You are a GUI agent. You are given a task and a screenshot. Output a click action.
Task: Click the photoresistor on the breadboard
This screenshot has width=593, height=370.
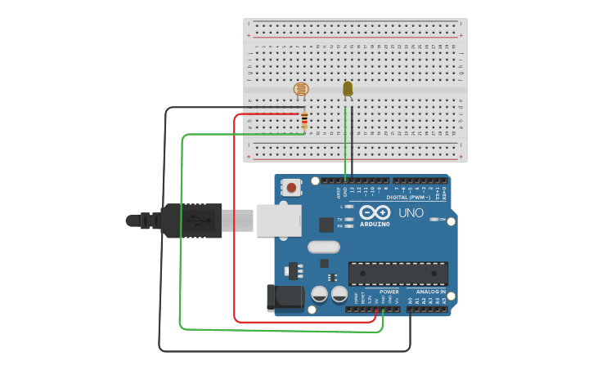pos(301,88)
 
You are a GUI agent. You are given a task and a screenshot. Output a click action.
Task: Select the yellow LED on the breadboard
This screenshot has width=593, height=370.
pos(348,88)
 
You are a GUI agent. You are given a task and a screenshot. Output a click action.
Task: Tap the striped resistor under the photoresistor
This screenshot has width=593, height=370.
pos(304,121)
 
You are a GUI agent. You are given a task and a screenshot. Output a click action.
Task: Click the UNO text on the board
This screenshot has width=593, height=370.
pos(411,213)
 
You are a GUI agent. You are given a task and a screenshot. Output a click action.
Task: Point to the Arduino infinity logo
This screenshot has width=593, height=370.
pos(375,212)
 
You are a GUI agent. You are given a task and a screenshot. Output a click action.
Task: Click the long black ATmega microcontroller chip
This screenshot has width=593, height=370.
pos(398,274)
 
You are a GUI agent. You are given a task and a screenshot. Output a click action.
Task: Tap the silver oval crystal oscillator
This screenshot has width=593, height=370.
pos(323,247)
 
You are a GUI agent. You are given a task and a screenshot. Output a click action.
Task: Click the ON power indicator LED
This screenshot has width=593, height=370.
pos(434,220)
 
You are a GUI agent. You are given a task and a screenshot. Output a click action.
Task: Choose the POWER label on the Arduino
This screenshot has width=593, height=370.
pos(389,292)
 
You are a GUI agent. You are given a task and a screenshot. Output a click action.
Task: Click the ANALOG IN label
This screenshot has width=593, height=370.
pos(431,292)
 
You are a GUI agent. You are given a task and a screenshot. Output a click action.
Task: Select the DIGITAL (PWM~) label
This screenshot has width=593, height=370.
pos(408,197)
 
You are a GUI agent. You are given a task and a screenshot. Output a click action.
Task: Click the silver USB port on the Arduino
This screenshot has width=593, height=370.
pos(278,220)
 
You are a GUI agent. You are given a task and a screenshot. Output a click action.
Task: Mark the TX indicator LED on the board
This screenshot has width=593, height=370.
pos(349,220)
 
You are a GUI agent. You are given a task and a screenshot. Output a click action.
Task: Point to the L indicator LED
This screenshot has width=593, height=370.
pos(349,207)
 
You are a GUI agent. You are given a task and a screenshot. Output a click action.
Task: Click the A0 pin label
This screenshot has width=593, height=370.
pos(411,301)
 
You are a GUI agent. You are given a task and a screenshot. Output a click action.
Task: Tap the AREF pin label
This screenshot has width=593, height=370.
pos(338,193)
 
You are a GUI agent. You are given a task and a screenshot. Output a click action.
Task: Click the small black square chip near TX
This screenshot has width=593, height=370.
pos(326,224)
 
